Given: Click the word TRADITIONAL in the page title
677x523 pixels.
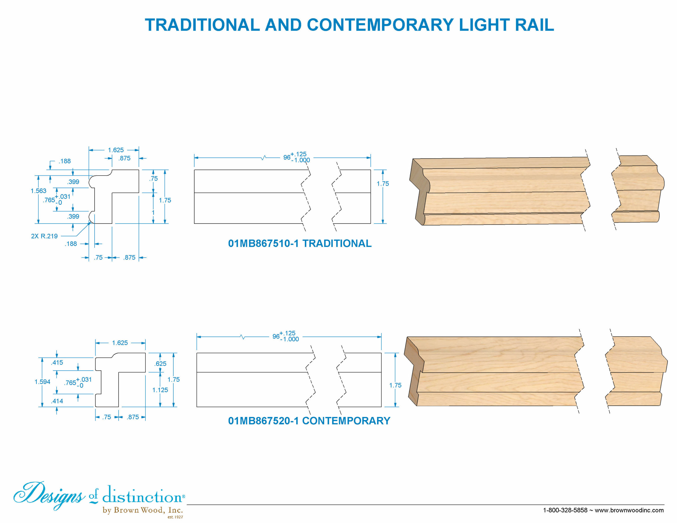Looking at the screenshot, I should pos(202,25).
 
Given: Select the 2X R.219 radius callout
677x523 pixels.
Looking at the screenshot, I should pos(44,236).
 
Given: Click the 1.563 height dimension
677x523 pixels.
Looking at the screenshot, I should pos(38,191).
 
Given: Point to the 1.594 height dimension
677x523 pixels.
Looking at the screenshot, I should pos(43,382).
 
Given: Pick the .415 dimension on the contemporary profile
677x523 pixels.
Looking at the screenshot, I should pos(57,363).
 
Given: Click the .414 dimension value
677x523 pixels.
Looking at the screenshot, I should pos(57,401).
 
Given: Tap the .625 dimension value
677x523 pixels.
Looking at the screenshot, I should pos(161,364).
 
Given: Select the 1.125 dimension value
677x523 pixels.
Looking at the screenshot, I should pos(160,390).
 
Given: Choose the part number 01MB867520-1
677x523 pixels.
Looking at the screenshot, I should pos(263,421).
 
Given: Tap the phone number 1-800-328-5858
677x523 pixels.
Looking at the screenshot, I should pos(565,510).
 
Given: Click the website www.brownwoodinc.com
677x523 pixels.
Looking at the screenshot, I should pos(629,510).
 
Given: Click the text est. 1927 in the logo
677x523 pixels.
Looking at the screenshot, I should pos(175,517).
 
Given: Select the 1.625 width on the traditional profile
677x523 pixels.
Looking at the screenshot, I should pos(116,150).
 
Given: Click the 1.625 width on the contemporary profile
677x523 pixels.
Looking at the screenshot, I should pos(120,343).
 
